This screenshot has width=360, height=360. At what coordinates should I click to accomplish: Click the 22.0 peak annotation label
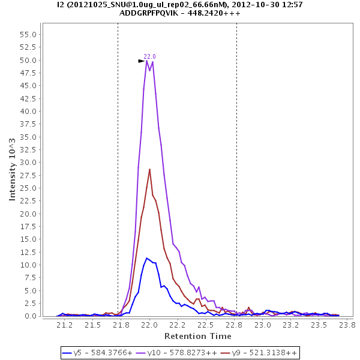(x=149, y=56)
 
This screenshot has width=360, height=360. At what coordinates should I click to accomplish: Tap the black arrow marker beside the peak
(x=142, y=61)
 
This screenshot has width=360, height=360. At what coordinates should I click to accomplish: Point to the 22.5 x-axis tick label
(x=207, y=325)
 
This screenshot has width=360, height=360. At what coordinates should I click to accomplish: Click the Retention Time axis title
(x=198, y=335)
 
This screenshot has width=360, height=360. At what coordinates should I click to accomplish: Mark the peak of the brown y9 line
(x=149, y=169)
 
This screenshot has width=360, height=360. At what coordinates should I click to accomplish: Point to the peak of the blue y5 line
(x=146, y=258)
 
